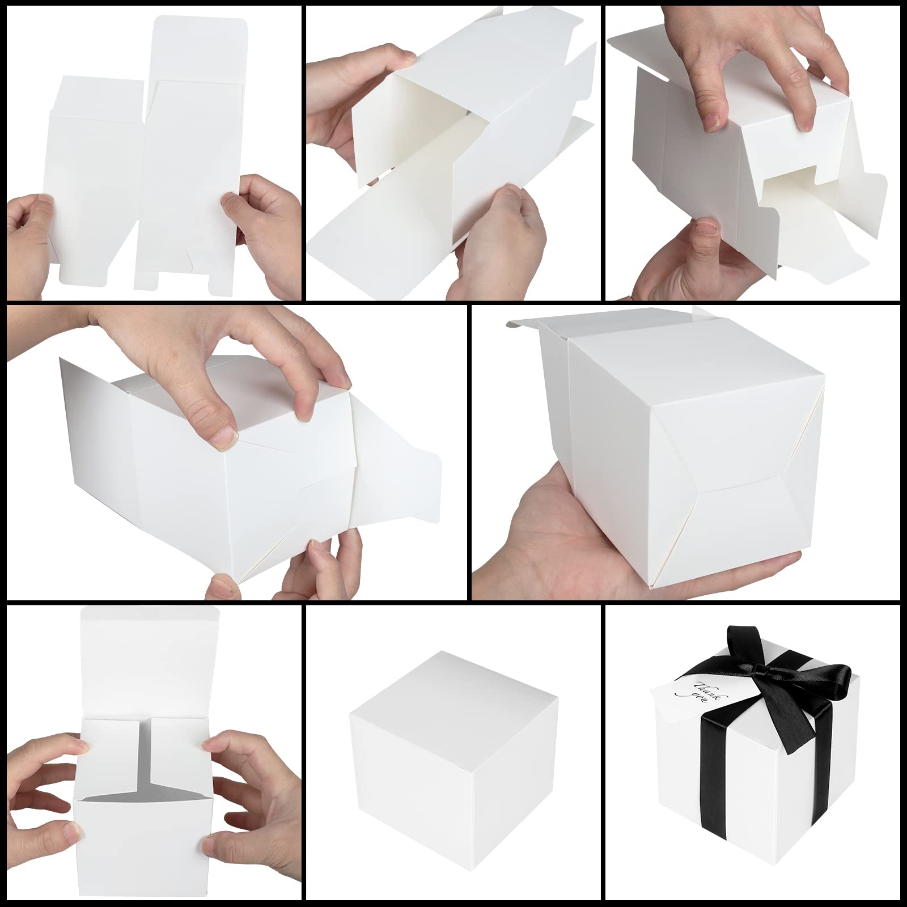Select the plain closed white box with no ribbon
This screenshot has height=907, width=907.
pos(453,754)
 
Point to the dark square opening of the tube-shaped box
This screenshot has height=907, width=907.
pos(414,130)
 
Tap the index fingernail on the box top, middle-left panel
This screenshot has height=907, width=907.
pos(225,436)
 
